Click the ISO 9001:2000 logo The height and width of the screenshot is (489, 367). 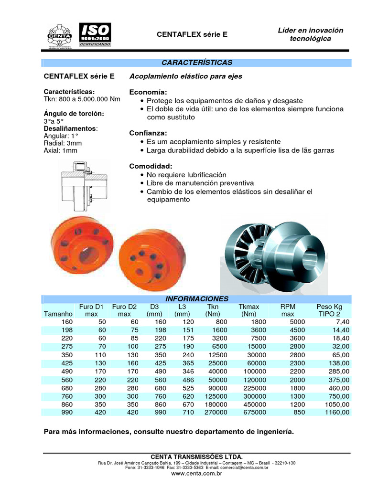coord(95,34)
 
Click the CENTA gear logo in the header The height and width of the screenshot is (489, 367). coord(60,35)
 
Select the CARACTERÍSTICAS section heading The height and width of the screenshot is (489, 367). coord(196,63)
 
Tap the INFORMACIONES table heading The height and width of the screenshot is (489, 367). coord(196,298)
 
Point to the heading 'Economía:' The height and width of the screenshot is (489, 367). coord(148,92)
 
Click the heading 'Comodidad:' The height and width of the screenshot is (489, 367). coord(151,166)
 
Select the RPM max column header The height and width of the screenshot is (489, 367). coord(288,310)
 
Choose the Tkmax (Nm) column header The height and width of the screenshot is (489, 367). coord(248,310)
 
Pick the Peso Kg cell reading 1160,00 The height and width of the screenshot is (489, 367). coord(337,412)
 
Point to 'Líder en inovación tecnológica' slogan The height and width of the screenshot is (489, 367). coord(310,34)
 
